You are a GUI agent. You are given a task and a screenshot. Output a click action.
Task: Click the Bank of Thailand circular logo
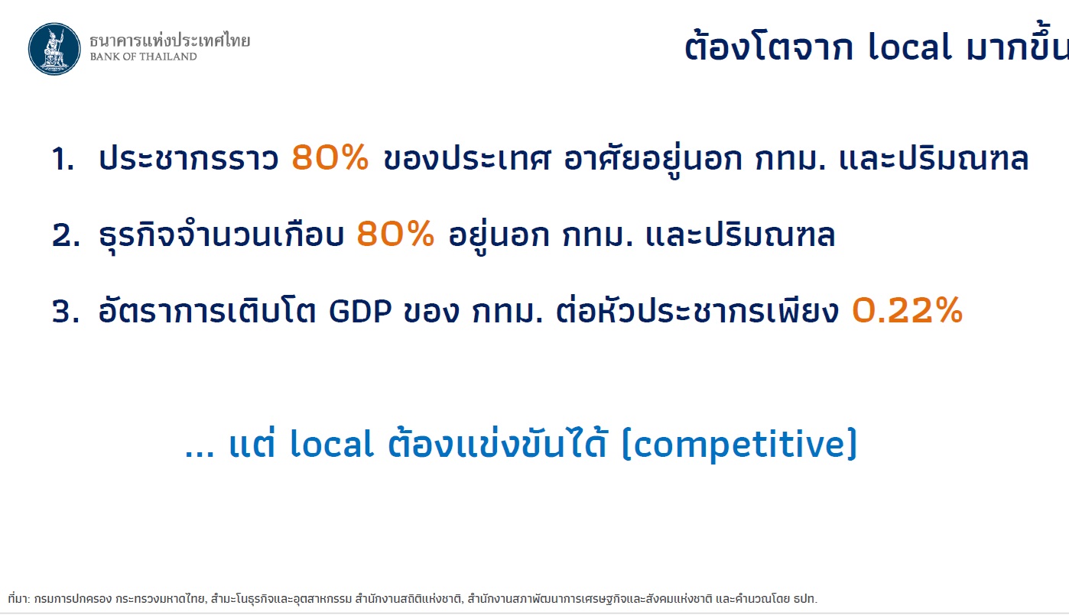[54, 49]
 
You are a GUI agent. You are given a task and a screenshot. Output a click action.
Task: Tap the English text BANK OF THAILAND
[143, 57]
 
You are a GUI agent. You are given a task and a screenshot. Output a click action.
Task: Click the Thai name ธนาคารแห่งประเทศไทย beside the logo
[170, 40]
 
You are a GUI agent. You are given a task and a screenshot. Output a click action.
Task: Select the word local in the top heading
[910, 47]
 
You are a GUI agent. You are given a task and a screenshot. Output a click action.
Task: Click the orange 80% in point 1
[330, 157]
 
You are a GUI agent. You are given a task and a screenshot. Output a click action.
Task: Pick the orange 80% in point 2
[395, 234]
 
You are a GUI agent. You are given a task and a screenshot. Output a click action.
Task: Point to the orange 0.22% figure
[907, 310]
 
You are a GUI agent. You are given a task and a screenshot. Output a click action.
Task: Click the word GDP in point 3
[360, 311]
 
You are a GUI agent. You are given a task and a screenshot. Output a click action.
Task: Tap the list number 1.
[63, 158]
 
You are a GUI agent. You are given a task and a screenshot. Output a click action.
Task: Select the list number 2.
[66, 235]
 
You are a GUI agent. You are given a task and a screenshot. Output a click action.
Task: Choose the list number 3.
[66, 311]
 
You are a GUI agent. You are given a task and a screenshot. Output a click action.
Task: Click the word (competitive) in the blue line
[740, 445]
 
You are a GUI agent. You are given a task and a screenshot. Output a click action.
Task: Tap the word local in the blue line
[332, 444]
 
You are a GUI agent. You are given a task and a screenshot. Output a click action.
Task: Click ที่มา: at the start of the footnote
[18, 598]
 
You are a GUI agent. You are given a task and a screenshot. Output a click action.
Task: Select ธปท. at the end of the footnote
[805, 599]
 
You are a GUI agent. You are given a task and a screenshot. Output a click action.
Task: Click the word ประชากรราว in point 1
[189, 158]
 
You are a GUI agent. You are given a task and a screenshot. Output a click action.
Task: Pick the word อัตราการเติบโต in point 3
[207, 310]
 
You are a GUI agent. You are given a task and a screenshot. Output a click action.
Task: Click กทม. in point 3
[508, 311]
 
